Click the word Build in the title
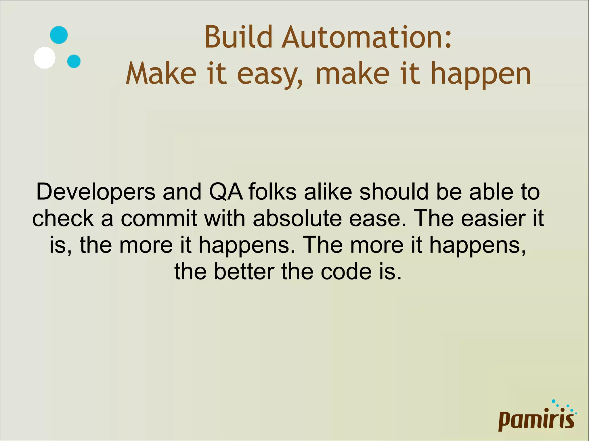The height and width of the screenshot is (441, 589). pos(238,37)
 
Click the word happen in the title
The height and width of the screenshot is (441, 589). pos(480,75)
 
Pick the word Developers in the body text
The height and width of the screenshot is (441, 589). pos(96,192)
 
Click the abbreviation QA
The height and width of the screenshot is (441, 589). pos(226,192)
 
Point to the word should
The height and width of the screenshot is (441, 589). pos(394,192)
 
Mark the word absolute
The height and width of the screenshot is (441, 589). pos(297,218)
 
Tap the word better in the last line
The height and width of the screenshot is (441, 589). pos(244,271)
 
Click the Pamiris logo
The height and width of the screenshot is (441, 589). pos(537,418)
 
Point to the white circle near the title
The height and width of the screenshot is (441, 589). pos(45,57)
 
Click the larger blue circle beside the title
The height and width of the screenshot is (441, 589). pos(59,35)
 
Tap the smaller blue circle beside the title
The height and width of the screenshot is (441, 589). pos(74,61)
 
